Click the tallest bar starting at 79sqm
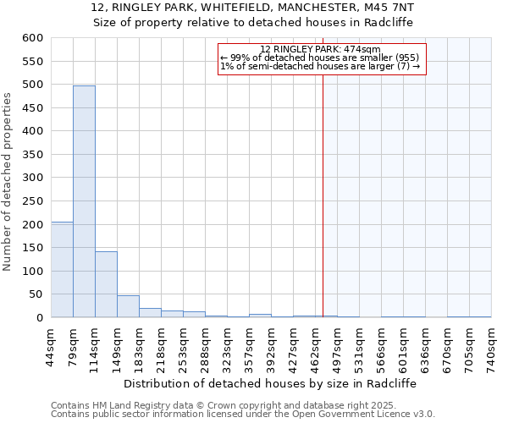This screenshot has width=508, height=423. (x=84, y=201)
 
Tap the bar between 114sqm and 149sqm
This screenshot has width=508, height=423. (x=106, y=284)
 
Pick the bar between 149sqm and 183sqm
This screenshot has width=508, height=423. (x=128, y=306)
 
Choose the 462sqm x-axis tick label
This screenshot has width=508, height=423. (x=315, y=347)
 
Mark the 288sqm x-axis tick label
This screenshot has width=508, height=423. (x=205, y=347)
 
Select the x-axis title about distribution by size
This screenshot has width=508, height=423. (x=276, y=383)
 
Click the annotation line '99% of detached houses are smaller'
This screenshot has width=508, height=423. (x=319, y=58)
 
